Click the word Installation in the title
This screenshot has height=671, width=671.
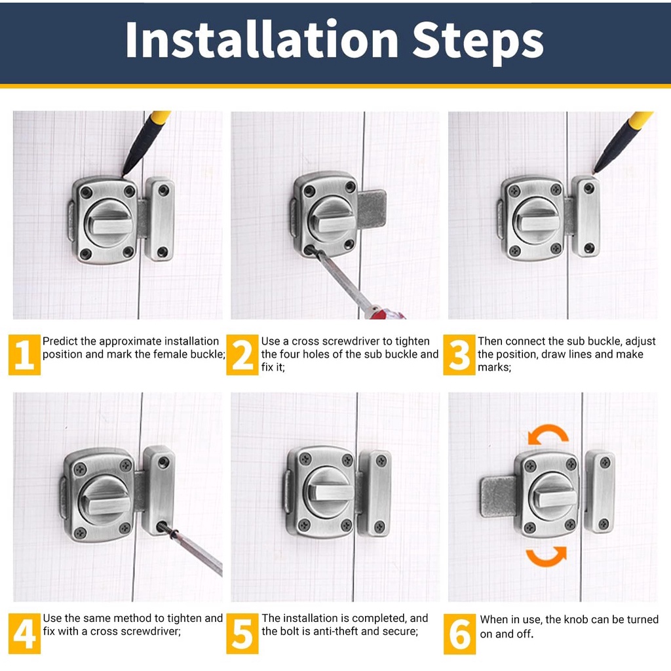(262, 40)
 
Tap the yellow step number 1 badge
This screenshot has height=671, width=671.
(24, 355)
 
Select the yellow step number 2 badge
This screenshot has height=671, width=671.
(242, 355)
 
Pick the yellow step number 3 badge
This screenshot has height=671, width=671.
(459, 355)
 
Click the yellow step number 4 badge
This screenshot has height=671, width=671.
(24, 634)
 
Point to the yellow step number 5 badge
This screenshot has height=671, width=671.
(242, 634)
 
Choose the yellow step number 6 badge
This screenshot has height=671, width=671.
(459, 634)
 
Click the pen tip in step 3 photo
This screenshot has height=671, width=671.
(594, 172)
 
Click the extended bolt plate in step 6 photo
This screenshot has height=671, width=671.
(499, 497)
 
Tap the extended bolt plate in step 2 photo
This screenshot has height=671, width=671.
(372, 210)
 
